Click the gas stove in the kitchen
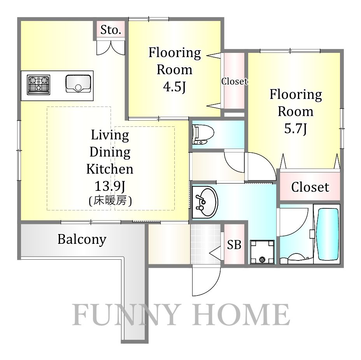[39, 85]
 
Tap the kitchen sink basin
[78, 84]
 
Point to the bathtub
[328, 234]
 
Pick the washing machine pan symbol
[262, 252]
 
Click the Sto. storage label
[111, 30]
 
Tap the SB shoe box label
[234, 245]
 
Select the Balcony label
[82, 239]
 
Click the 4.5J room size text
[174, 87]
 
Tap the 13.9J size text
[110, 186]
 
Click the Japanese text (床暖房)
[110, 201]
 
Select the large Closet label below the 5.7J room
[310, 187]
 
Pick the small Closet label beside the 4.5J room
[234, 81]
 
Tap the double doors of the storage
[111, 48]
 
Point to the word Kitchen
[110, 169]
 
